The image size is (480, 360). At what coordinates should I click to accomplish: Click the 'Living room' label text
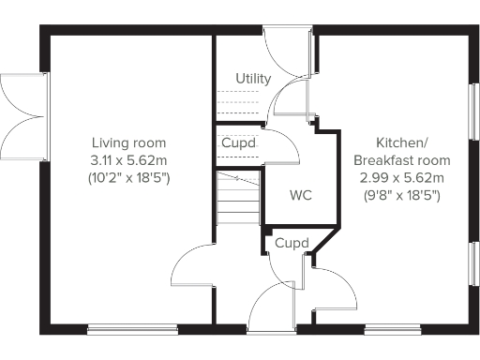(128, 143)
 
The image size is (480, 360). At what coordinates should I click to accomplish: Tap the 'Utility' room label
(253, 78)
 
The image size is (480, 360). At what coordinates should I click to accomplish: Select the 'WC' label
(301, 196)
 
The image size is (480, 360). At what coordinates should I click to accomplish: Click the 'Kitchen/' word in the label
(402, 143)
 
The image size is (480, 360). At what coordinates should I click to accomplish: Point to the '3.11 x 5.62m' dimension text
(128, 160)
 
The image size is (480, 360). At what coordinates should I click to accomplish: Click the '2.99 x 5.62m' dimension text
(402, 177)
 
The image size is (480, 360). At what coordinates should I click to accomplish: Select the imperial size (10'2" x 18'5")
(128, 177)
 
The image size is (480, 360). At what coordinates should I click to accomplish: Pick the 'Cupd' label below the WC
(292, 244)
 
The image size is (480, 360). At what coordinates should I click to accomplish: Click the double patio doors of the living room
(23, 115)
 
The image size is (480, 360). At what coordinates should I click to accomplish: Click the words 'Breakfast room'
(402, 160)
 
